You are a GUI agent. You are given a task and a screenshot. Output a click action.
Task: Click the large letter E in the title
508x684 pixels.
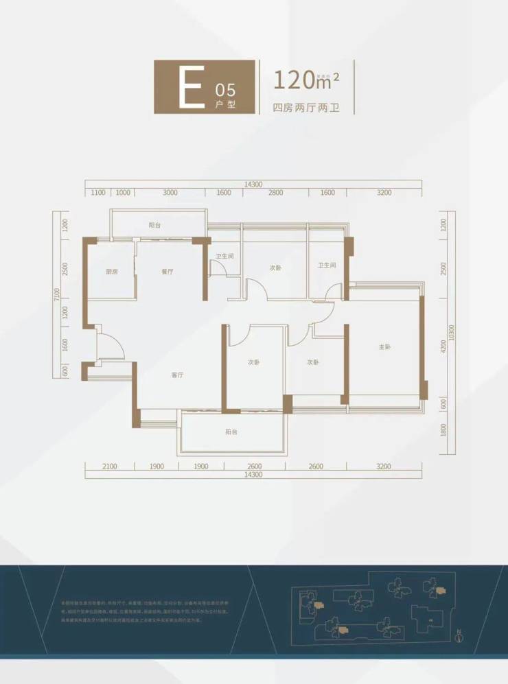pos(190,87)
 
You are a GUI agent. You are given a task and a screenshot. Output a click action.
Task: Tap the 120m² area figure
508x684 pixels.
pos(306,81)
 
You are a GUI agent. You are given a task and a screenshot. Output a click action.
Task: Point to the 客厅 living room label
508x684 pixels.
pos(178,375)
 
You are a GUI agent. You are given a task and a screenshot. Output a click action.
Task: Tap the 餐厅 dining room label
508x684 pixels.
pos(167,272)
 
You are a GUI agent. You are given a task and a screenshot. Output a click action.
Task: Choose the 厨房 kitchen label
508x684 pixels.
pos(111,272)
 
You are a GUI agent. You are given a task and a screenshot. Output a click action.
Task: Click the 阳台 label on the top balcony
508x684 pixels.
pos(155,225)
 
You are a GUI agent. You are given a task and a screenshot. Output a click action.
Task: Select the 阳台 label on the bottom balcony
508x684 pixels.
pos(231,432)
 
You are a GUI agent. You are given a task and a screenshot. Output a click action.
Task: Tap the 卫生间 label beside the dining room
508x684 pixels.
pos(224,257)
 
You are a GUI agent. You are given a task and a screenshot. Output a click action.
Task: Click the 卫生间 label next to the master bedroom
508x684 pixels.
pos(326,266)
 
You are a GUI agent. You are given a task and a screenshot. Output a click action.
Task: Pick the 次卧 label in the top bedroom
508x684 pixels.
pos(275,268)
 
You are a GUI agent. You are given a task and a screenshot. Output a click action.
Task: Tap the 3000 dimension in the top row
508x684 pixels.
pos(170,193)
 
